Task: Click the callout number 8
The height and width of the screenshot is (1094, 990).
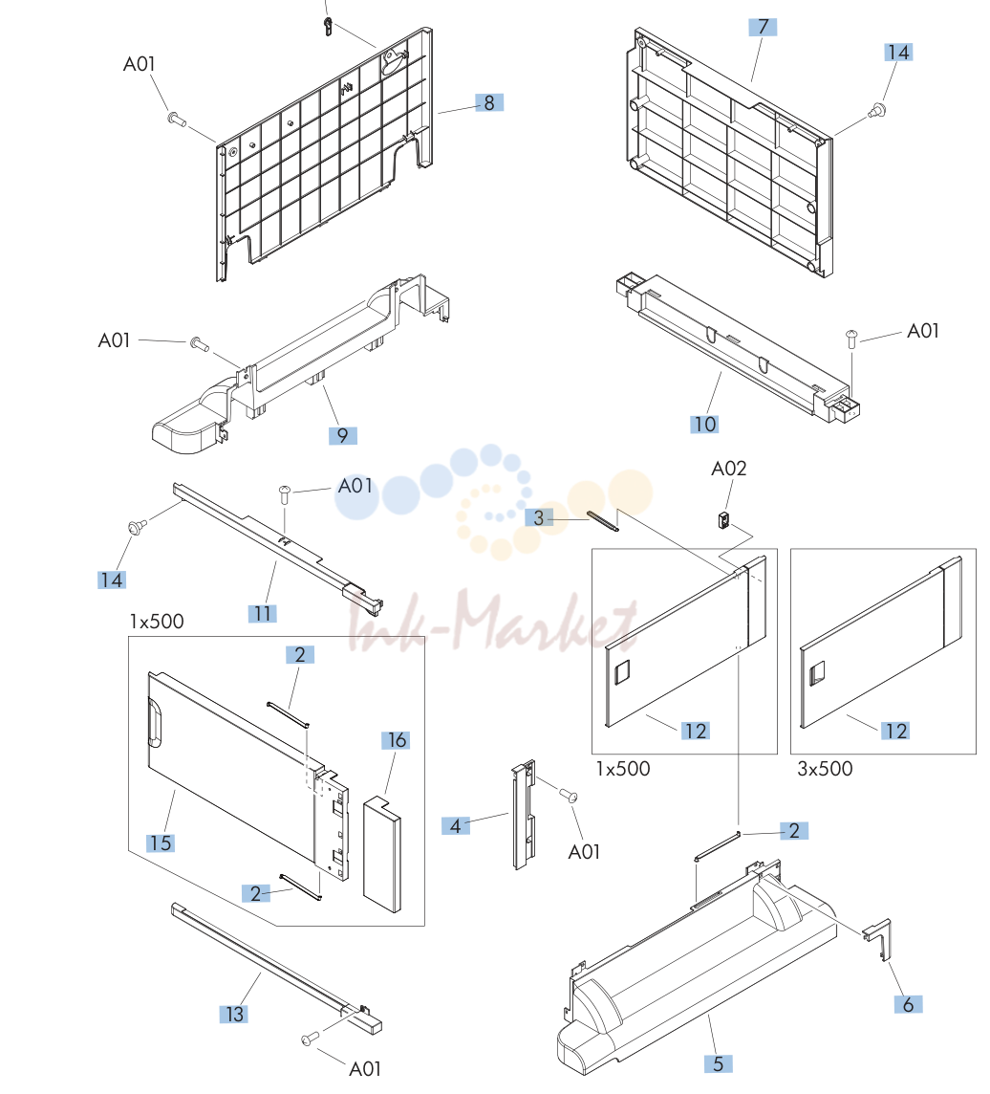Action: pyautogui.click(x=488, y=102)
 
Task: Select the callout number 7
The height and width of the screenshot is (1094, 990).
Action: pyautogui.click(x=763, y=27)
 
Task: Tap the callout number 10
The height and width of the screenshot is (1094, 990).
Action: pyautogui.click(x=704, y=425)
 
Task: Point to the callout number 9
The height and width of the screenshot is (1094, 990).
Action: pyautogui.click(x=342, y=435)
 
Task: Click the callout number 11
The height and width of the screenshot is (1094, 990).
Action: pyautogui.click(x=262, y=613)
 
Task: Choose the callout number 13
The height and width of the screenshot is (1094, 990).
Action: pyautogui.click(x=234, y=1014)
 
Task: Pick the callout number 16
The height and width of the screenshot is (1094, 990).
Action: pyautogui.click(x=396, y=740)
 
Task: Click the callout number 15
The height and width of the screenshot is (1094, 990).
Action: pyautogui.click(x=161, y=842)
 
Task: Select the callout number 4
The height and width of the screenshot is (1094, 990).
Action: pyautogui.click(x=455, y=826)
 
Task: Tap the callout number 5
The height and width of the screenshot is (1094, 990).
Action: pyautogui.click(x=718, y=1063)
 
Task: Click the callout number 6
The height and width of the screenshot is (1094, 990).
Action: pyautogui.click(x=908, y=1004)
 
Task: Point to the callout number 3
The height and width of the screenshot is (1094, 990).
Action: pyautogui.click(x=539, y=517)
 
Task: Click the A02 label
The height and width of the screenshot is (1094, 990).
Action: pyautogui.click(x=728, y=469)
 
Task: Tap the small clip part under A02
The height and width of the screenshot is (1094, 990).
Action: pyautogui.click(x=723, y=520)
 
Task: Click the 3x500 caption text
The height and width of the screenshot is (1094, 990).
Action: pyautogui.click(x=825, y=769)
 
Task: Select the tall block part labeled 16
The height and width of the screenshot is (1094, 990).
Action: pyautogui.click(x=382, y=855)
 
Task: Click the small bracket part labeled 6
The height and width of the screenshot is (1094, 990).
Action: pyautogui.click(x=878, y=939)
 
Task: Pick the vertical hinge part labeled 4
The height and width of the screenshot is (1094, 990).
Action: pyautogui.click(x=524, y=815)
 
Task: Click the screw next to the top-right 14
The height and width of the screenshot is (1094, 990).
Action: pyautogui.click(x=877, y=110)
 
